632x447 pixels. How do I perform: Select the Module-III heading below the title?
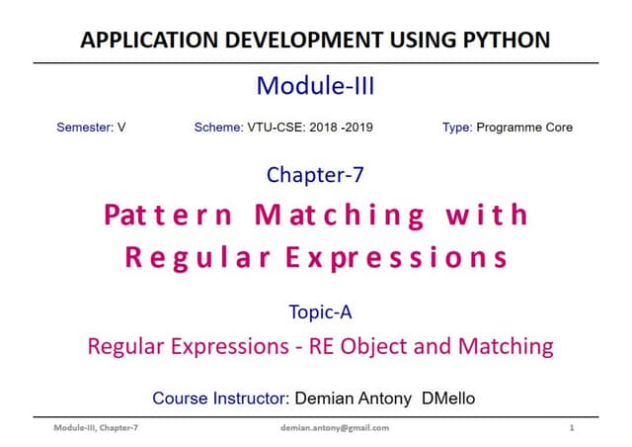point(315,86)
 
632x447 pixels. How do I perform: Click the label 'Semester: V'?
point(91,128)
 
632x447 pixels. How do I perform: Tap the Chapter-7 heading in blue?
point(315,175)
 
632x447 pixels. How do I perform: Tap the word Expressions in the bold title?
point(399,259)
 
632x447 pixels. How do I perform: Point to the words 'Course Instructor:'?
point(219,399)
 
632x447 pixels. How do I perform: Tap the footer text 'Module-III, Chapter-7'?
point(96,428)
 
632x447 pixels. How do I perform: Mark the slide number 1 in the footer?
point(572,428)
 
